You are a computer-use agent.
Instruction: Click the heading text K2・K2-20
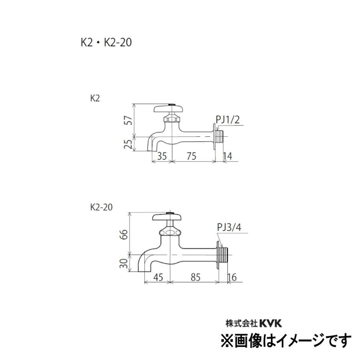pos(106,43)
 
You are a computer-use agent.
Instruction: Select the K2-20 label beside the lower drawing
pos(101,207)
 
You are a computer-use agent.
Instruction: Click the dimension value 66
pos(125,233)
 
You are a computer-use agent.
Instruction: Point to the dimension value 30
pos(125,264)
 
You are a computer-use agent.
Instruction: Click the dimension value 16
pos(232,278)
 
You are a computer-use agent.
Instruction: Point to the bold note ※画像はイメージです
pos(285,341)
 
